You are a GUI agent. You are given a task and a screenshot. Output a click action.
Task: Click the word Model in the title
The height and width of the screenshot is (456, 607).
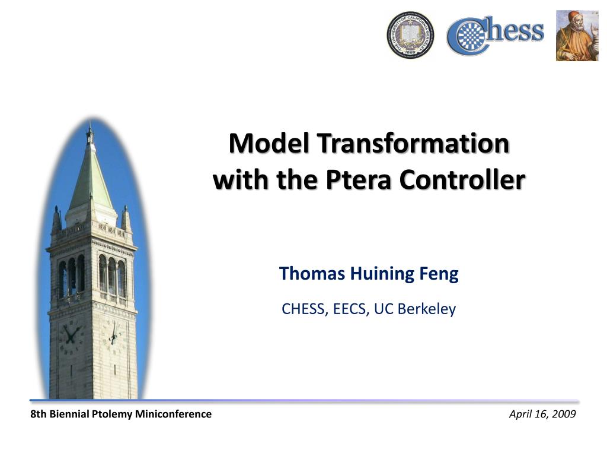click(x=269, y=143)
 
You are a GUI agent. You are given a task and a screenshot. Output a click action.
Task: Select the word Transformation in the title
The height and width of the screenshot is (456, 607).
click(x=413, y=143)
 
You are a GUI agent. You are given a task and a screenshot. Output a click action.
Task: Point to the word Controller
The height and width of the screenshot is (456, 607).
click(x=462, y=180)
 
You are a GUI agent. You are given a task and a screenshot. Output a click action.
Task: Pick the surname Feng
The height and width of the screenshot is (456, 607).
click(x=439, y=274)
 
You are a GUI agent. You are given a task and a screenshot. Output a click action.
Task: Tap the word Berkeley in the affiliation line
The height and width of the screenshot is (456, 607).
click(x=427, y=309)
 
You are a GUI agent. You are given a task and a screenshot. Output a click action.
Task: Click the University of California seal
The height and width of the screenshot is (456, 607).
click(x=410, y=35)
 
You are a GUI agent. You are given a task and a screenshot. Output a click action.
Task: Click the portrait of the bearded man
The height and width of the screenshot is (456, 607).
click(x=577, y=36)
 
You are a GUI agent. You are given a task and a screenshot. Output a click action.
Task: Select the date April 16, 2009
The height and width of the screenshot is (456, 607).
click(x=542, y=414)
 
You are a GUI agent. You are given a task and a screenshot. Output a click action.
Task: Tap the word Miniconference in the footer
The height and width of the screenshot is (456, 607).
click(x=173, y=414)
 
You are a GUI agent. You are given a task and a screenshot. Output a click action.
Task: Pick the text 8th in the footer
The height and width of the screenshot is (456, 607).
click(x=39, y=414)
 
